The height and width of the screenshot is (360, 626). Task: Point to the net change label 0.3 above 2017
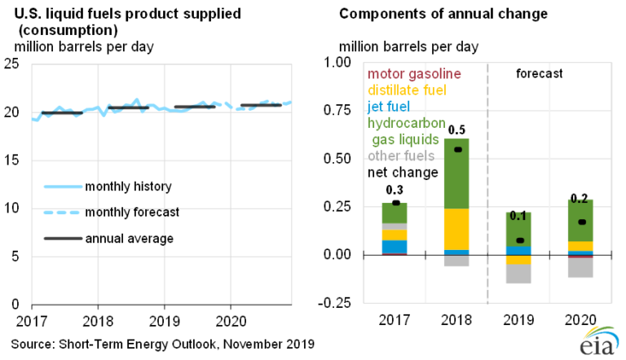395,191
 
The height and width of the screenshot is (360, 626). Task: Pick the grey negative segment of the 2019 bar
519,274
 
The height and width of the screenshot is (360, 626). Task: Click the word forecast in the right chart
540,73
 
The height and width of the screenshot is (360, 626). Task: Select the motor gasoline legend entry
414,74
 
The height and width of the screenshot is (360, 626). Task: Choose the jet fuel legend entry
389,107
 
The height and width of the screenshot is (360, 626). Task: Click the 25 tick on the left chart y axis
12,63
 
